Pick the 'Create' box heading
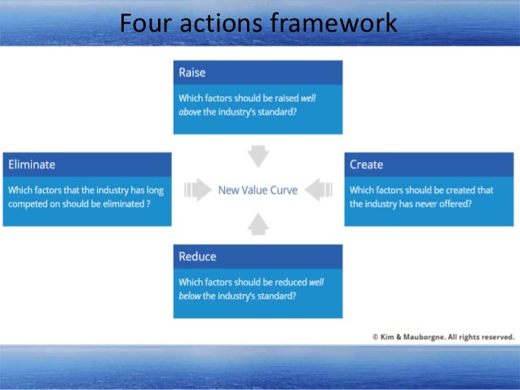(x=366, y=164)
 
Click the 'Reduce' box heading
(x=197, y=256)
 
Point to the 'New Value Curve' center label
(x=258, y=191)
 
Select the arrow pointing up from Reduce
(x=258, y=225)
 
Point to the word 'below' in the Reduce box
(x=190, y=296)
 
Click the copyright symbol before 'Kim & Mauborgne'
(x=375, y=335)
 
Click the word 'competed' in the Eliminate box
(x=29, y=204)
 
